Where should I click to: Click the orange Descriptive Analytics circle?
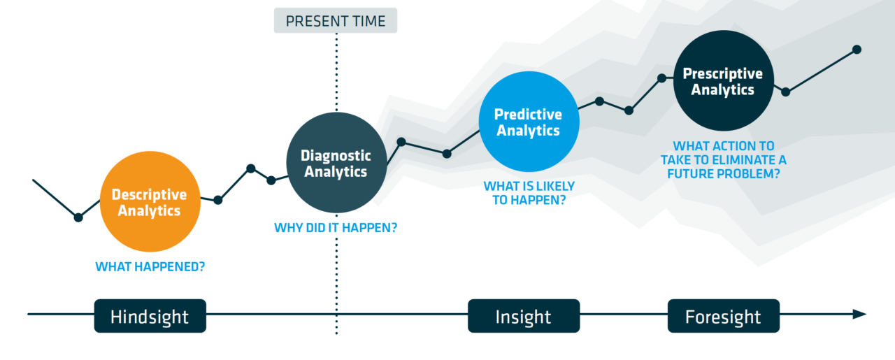click(150, 201)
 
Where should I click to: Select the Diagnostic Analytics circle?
click(336, 163)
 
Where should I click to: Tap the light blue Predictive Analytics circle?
click(529, 122)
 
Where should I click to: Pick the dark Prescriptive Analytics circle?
click(724, 80)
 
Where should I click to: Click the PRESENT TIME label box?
click(336, 20)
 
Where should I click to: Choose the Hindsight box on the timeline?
click(150, 316)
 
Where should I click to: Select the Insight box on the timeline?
click(524, 316)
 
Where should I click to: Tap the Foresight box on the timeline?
click(724, 316)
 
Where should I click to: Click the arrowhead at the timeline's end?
click(859, 314)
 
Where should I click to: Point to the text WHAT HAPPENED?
click(150, 266)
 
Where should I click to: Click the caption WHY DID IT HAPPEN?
click(336, 228)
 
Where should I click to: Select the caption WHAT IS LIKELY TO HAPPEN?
click(529, 193)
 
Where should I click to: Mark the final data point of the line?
click(857, 50)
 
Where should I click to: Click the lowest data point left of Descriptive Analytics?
click(78, 217)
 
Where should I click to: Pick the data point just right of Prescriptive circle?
click(785, 92)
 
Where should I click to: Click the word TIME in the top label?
click(370, 21)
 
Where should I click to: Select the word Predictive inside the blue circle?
click(528, 114)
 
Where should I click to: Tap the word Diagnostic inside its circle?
click(336, 155)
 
